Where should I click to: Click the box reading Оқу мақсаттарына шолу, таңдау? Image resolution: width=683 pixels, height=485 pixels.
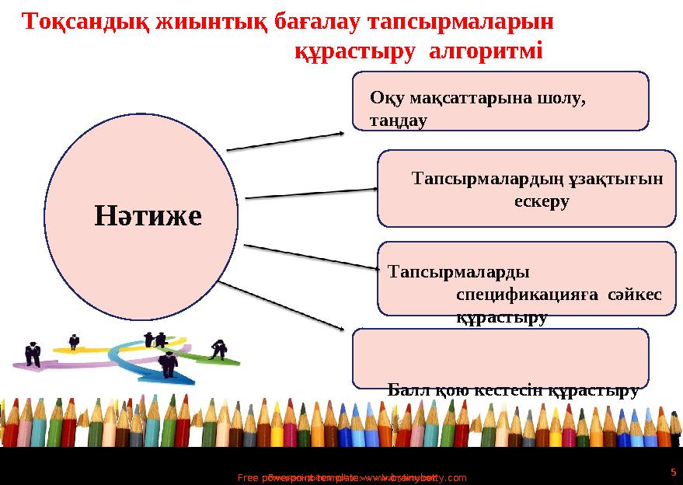click(500, 101)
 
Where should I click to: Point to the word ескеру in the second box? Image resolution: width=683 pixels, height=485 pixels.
click(542, 201)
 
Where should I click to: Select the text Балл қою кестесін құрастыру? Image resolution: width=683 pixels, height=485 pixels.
click(513, 390)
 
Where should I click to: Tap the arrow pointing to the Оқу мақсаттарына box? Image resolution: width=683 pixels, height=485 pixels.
click(285, 141)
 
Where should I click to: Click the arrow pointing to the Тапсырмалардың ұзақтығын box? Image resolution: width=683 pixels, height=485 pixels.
click(311, 193)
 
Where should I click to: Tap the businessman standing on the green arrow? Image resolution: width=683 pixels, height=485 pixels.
click(220, 349)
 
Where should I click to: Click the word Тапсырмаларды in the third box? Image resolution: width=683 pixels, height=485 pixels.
click(458, 273)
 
